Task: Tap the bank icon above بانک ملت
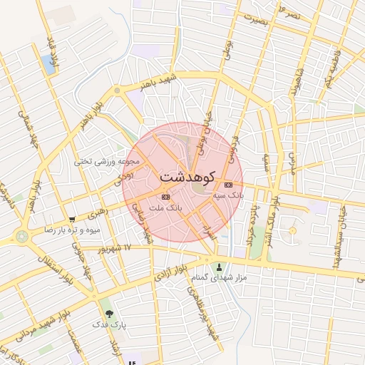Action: pos(166,196)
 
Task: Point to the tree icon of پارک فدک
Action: pos(109,313)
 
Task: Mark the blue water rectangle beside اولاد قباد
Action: pos(49,63)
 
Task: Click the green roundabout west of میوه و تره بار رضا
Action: pos(22,235)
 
